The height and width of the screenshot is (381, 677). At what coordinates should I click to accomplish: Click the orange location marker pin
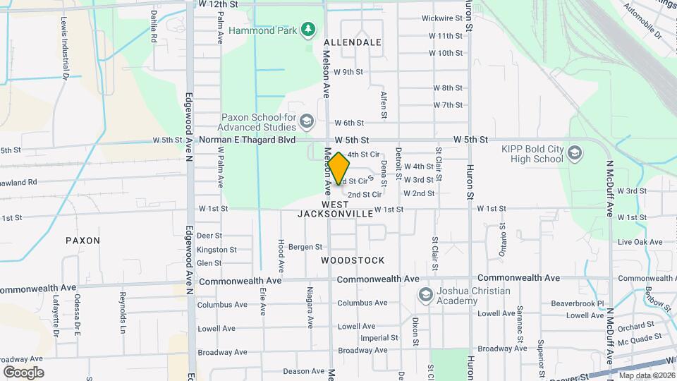point(338,168)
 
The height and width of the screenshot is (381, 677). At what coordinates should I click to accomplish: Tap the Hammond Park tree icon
point(307,29)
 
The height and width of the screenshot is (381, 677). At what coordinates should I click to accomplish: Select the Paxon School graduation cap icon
point(307,122)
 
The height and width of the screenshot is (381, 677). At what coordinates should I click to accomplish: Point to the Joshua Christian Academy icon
point(425,294)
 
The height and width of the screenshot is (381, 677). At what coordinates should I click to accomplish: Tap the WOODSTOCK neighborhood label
point(353,260)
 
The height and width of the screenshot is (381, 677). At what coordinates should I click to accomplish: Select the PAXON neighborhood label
point(83,241)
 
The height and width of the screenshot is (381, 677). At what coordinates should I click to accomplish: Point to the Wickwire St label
point(442,18)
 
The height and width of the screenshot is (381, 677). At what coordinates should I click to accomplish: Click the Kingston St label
point(216,250)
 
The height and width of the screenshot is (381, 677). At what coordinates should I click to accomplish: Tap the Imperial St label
point(374,338)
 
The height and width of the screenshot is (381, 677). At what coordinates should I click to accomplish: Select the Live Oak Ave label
point(640,242)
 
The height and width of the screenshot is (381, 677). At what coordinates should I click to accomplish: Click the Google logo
point(23,372)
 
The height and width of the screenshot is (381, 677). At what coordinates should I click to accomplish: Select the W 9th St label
point(348,72)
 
